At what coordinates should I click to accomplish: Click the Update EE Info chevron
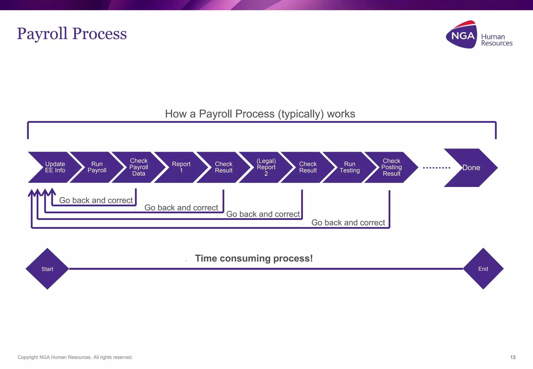55,167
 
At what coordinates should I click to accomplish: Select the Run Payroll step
97,167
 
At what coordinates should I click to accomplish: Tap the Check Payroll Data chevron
139,167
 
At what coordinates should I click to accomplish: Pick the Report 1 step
181,167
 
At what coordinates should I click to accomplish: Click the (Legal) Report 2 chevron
266,167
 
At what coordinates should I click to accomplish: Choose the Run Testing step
350,167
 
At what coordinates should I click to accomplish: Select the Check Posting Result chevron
391,167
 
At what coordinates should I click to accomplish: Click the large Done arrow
471,168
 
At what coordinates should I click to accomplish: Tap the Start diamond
47,269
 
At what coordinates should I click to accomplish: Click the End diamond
483,269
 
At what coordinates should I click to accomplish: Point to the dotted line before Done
436,168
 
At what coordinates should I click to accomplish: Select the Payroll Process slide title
72,34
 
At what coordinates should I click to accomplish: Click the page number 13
513,357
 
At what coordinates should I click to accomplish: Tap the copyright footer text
75,357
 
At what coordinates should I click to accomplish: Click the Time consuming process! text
254,258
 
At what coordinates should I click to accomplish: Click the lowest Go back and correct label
348,222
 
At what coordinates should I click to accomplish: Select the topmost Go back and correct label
96,200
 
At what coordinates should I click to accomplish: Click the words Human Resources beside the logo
496,40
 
